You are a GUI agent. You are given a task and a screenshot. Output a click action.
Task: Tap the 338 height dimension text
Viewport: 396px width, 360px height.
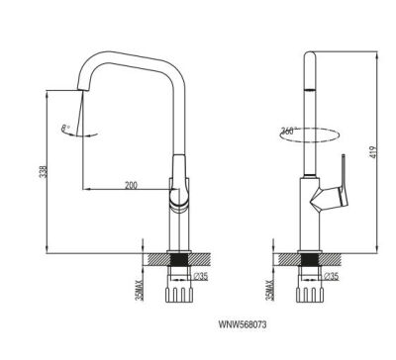click(41, 171)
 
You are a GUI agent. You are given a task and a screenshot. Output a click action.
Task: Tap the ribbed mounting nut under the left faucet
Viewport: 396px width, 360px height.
click(180, 293)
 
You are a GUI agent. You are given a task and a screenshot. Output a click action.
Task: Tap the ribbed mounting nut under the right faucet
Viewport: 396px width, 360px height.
click(310, 293)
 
